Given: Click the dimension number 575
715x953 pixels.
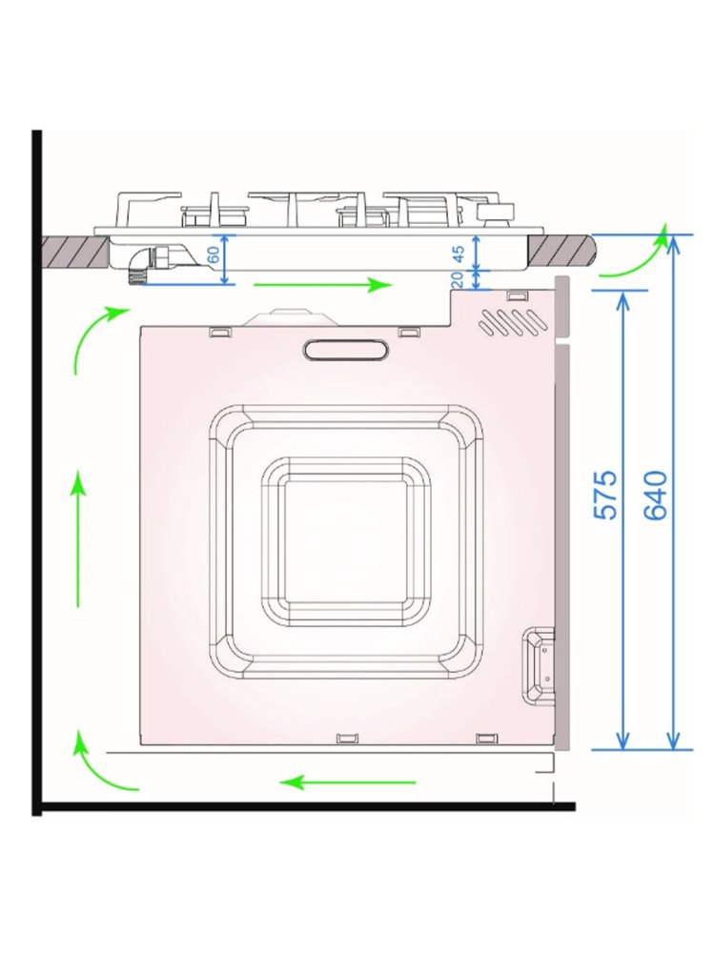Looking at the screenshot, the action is tap(605, 494).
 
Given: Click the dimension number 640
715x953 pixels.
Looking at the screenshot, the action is tap(656, 495).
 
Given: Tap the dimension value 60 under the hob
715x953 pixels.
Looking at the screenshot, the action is tap(214, 254).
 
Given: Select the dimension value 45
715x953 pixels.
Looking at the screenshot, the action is tap(460, 253).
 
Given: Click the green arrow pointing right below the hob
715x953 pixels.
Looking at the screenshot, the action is tap(323, 284).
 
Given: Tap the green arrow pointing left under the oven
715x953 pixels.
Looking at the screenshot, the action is tap(348, 782).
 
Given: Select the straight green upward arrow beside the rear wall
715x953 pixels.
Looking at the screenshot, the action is tap(78, 539).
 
